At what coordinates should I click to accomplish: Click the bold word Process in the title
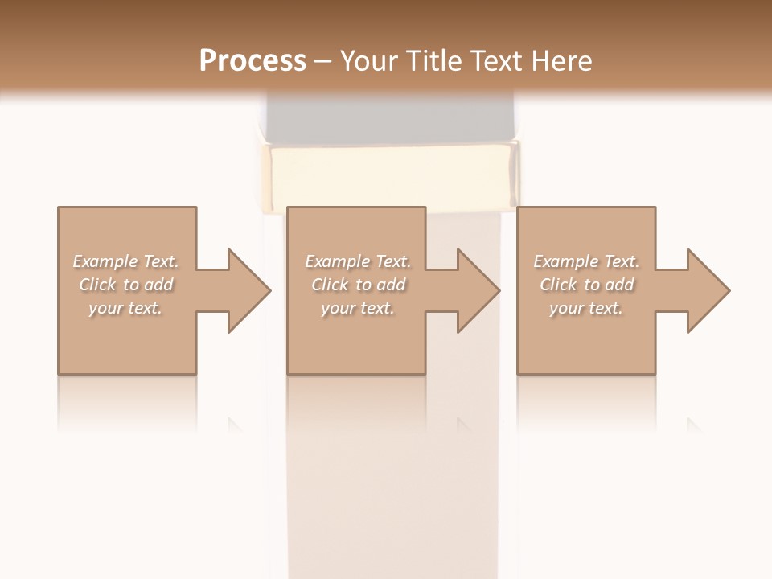[253, 61]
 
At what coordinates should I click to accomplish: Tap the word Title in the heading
[433, 61]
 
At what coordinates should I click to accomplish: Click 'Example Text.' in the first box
[125, 261]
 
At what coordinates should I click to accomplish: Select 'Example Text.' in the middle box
[358, 261]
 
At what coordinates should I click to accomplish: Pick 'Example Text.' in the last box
[586, 261]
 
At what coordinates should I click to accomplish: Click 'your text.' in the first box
[125, 308]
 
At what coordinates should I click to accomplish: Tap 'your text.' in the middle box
[358, 308]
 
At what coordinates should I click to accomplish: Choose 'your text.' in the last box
[586, 308]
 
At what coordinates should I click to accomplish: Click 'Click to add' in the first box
[125, 285]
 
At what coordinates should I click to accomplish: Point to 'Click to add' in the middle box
[358, 285]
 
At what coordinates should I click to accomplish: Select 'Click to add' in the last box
[586, 285]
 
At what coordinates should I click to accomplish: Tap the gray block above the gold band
[391, 119]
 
